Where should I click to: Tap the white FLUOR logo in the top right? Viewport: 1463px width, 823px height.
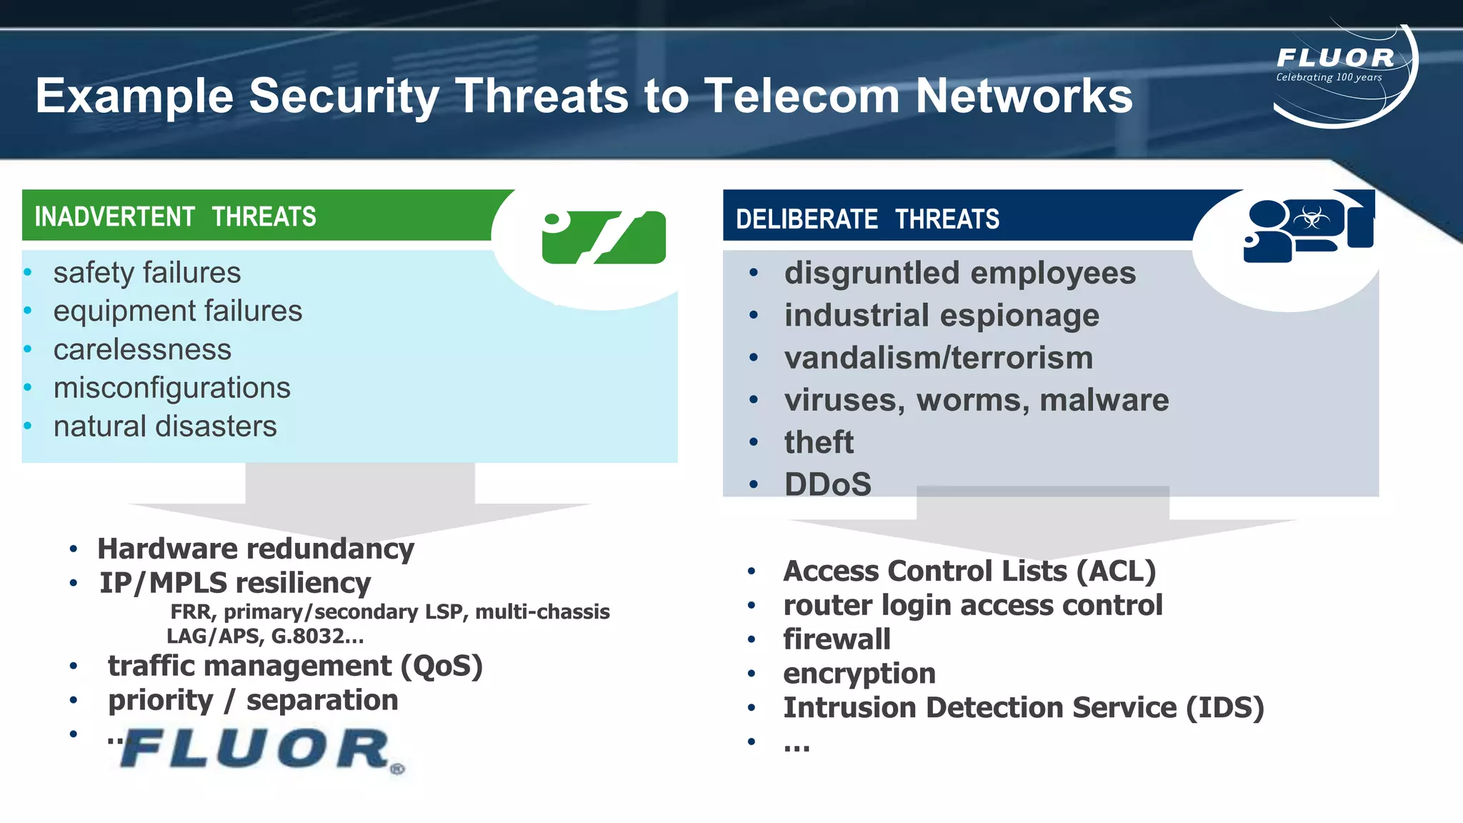pyautogui.click(x=1335, y=58)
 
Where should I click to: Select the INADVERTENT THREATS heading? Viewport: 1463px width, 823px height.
pyautogui.click(x=175, y=216)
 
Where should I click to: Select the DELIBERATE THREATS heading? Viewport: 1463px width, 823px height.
pyautogui.click(x=867, y=219)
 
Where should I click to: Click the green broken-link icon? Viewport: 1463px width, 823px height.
pyautogui.click(x=604, y=237)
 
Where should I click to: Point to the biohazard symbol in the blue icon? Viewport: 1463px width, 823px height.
pyautogui.click(x=1312, y=217)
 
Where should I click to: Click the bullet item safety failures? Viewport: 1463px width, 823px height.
pyautogui.click(x=147, y=273)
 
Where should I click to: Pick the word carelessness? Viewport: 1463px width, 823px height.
pyautogui.click(x=142, y=349)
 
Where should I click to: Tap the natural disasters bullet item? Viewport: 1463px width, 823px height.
pyautogui.click(x=165, y=427)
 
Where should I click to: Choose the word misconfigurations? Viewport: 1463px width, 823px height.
pyautogui.click(x=172, y=388)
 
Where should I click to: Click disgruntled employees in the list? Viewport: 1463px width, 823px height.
pyautogui.click(x=959, y=273)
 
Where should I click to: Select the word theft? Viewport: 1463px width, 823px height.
pyautogui.click(x=819, y=442)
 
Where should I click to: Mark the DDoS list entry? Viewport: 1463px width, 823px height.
pyautogui.click(x=828, y=484)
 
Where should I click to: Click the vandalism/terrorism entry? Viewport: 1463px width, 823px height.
pyautogui.click(x=938, y=358)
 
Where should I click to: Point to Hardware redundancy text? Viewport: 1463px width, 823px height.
pyautogui.click(x=256, y=549)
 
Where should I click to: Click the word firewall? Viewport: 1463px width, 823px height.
pyautogui.click(x=837, y=639)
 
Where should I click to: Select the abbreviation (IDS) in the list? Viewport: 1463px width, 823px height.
pyautogui.click(x=1225, y=707)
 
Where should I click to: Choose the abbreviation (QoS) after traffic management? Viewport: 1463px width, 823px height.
pyautogui.click(x=441, y=666)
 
